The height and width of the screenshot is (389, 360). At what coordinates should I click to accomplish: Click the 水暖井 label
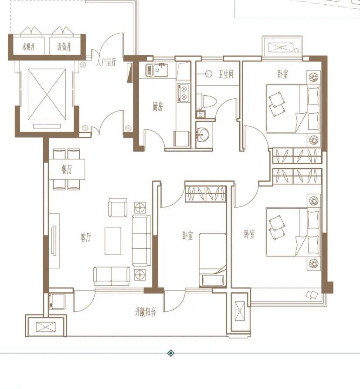[x=28, y=47]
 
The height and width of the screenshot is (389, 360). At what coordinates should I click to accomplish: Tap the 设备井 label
[x=64, y=47]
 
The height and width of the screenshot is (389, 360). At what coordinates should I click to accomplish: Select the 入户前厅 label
[x=106, y=62]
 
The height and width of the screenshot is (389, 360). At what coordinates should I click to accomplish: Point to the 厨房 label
[x=158, y=107]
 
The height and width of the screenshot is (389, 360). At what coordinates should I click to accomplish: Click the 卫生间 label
[x=226, y=74]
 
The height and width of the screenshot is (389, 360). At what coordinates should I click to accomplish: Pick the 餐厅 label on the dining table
[x=67, y=170]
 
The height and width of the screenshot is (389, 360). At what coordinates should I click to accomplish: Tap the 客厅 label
[x=86, y=237]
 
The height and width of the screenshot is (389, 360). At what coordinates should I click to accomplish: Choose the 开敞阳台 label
[x=145, y=312]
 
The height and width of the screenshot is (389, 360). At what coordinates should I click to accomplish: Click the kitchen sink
[x=156, y=70]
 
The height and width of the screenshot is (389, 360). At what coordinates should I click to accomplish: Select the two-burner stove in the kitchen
[x=183, y=93]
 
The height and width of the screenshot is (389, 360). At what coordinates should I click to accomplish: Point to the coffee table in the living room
[x=113, y=241]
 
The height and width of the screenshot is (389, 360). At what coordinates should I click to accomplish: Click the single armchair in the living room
[x=118, y=207]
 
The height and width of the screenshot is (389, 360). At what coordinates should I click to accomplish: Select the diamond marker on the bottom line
[x=170, y=353]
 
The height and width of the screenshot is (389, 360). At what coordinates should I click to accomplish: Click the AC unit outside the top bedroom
[x=281, y=47]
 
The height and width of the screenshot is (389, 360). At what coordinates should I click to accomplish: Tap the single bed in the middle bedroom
[x=213, y=260]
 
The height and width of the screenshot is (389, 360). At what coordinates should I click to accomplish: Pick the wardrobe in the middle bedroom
[x=206, y=193]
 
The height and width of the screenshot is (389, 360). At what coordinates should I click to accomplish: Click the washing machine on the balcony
[x=57, y=301]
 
